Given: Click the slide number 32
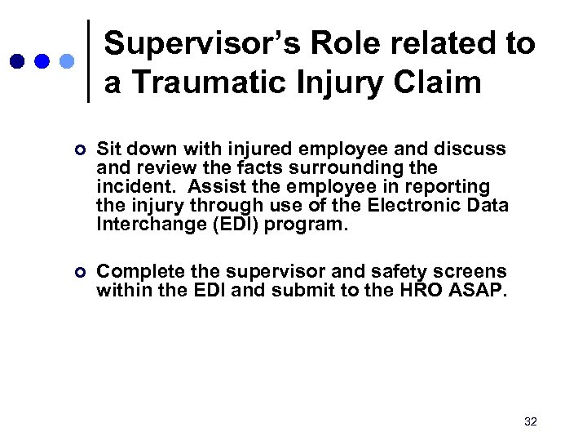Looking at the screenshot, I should (531, 421).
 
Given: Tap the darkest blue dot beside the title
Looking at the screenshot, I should (17, 61).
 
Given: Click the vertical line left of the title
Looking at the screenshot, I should (88, 61).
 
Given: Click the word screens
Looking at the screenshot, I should (459, 272).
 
